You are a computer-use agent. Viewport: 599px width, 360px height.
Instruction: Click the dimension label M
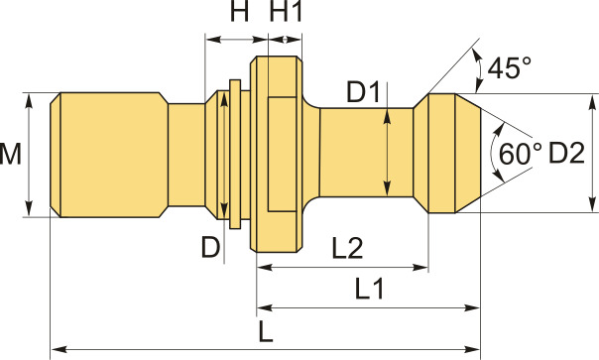(x=10, y=155)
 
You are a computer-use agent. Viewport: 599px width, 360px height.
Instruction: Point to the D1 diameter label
(x=363, y=92)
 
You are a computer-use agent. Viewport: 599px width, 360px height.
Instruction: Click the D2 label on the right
(x=566, y=153)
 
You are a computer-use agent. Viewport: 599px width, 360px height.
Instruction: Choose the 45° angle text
(x=510, y=67)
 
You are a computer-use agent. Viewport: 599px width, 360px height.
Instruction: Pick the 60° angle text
(x=521, y=154)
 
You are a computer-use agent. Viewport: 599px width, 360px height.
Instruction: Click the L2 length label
(x=347, y=248)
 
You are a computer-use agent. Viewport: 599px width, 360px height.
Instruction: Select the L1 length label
(x=369, y=289)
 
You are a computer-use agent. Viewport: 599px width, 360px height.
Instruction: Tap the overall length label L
(x=266, y=331)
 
